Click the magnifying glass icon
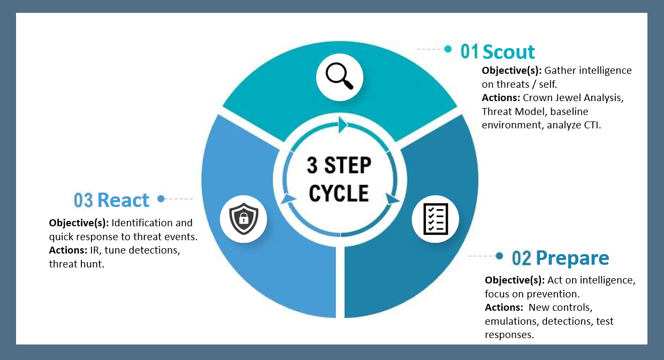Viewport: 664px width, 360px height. pos(340,78)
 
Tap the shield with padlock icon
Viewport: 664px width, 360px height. pos(243,219)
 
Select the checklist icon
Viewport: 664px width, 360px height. pos(435,219)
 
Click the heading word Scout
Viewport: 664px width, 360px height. pos(508,52)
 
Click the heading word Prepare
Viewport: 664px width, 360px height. pos(572,258)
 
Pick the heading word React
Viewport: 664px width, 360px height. pos(123,200)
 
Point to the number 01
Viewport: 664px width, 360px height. pos(470,52)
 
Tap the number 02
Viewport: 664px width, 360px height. pos(522,258)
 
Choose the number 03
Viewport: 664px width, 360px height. pos(83,201)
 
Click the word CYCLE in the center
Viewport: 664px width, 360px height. pos(339,193)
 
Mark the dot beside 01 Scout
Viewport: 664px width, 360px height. pos(448,49)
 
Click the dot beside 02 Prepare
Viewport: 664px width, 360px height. pos(499,256)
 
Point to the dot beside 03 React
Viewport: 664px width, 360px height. pos(161,199)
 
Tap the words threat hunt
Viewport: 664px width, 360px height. pos(76,264)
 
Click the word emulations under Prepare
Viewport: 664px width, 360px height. pos(512,321)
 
